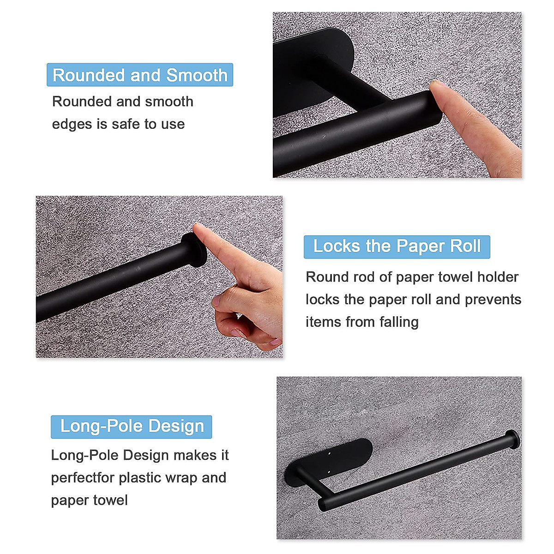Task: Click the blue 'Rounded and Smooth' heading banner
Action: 140,75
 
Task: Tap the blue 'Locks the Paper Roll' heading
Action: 397,247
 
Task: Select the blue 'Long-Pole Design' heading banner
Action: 132,426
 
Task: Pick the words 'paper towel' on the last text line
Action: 89,500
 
